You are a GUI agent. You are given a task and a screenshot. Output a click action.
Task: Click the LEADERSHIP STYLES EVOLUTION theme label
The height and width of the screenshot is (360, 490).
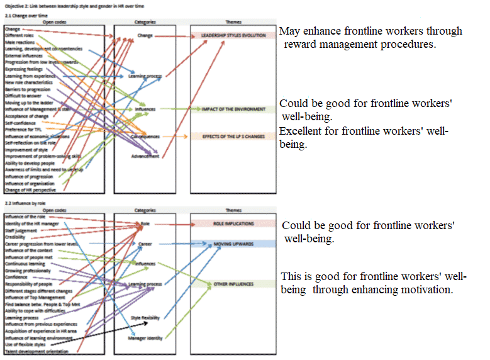tap(234, 36)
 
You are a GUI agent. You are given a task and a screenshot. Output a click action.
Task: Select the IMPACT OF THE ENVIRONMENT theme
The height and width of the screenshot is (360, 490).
tap(234, 109)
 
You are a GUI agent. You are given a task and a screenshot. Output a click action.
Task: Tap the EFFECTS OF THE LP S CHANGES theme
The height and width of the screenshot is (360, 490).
tap(234, 136)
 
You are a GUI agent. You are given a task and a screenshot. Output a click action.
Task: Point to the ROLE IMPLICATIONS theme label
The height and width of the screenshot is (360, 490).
tap(233, 223)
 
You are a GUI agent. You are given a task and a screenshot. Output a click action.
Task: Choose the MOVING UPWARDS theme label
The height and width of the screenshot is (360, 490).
tap(233, 243)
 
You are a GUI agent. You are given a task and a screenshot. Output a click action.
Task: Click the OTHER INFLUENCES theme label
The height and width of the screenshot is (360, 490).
tap(233, 284)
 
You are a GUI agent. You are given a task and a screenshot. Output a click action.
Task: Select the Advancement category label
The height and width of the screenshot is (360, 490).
tap(145, 156)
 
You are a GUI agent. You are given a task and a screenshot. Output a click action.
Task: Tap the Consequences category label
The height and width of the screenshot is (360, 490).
tap(145, 137)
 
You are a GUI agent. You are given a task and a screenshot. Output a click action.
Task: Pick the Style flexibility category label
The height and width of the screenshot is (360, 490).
tap(145, 317)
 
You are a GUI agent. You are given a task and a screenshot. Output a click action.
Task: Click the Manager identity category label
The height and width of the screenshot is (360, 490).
tap(145, 338)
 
